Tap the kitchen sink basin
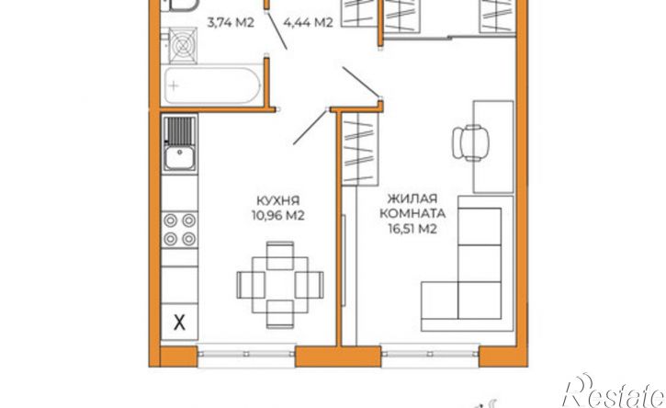pos(180,158)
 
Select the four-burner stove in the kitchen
pos(180,230)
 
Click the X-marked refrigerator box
pos(180,323)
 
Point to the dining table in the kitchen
pos(280,285)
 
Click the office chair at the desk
pos(470,142)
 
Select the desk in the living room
pos(493,147)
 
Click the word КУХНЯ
pos(278,200)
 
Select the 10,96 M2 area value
pos(278,215)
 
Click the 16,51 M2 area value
pos(412,229)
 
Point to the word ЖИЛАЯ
pos(412,198)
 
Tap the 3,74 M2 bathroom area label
pos(231,23)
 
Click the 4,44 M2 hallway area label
pos(308,23)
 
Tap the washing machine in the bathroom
pos(183,45)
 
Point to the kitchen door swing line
pos(310,127)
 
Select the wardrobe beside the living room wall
pos(360,149)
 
